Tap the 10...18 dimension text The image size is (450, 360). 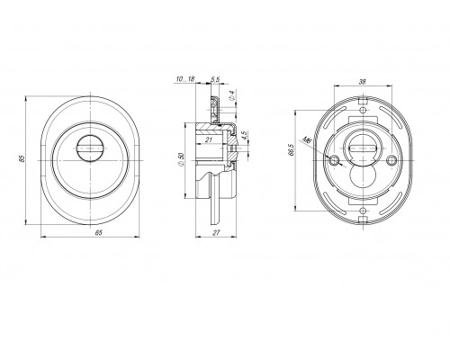coord(185,79)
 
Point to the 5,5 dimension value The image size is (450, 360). coord(215,79)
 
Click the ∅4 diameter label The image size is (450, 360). coord(231,94)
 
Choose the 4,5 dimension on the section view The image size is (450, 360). coord(244,135)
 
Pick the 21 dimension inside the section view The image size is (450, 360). coord(209,139)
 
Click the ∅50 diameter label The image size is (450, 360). coord(180,159)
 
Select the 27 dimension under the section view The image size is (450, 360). coord(216,232)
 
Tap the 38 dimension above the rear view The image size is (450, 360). coord(363,82)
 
